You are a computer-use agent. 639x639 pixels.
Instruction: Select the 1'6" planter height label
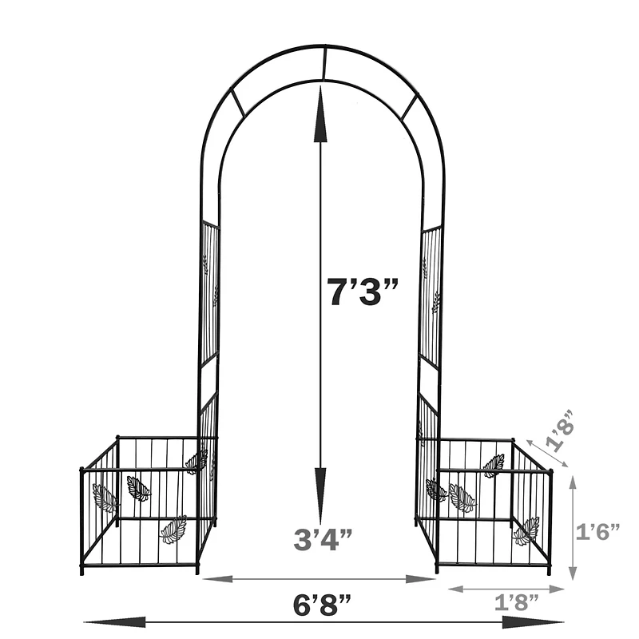pos(598,532)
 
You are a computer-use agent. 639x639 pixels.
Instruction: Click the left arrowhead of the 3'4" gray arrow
pos(209,578)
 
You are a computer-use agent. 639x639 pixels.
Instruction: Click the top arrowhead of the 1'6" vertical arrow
pos(574,481)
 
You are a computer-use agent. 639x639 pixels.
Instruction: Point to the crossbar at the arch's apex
pos(324,64)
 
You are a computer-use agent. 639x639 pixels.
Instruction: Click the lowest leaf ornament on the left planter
pos(173,529)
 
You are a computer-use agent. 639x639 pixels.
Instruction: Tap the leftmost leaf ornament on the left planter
pos(105,498)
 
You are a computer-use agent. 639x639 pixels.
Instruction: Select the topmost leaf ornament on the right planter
pos(494,465)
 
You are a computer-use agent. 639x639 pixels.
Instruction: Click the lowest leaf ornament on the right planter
pos(526,532)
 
